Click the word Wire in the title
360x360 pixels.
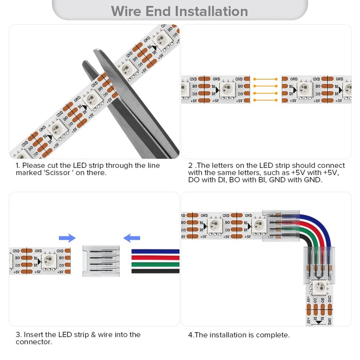(127, 11)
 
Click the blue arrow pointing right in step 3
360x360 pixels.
(67, 238)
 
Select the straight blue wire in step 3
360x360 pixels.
(155, 251)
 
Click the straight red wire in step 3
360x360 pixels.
(155, 258)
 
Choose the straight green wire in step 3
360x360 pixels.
(155, 265)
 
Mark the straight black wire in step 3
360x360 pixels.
(155, 271)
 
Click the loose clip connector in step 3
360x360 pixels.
(101, 261)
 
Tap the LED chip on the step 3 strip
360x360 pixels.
(48, 261)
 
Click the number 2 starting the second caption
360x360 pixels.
(190, 166)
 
